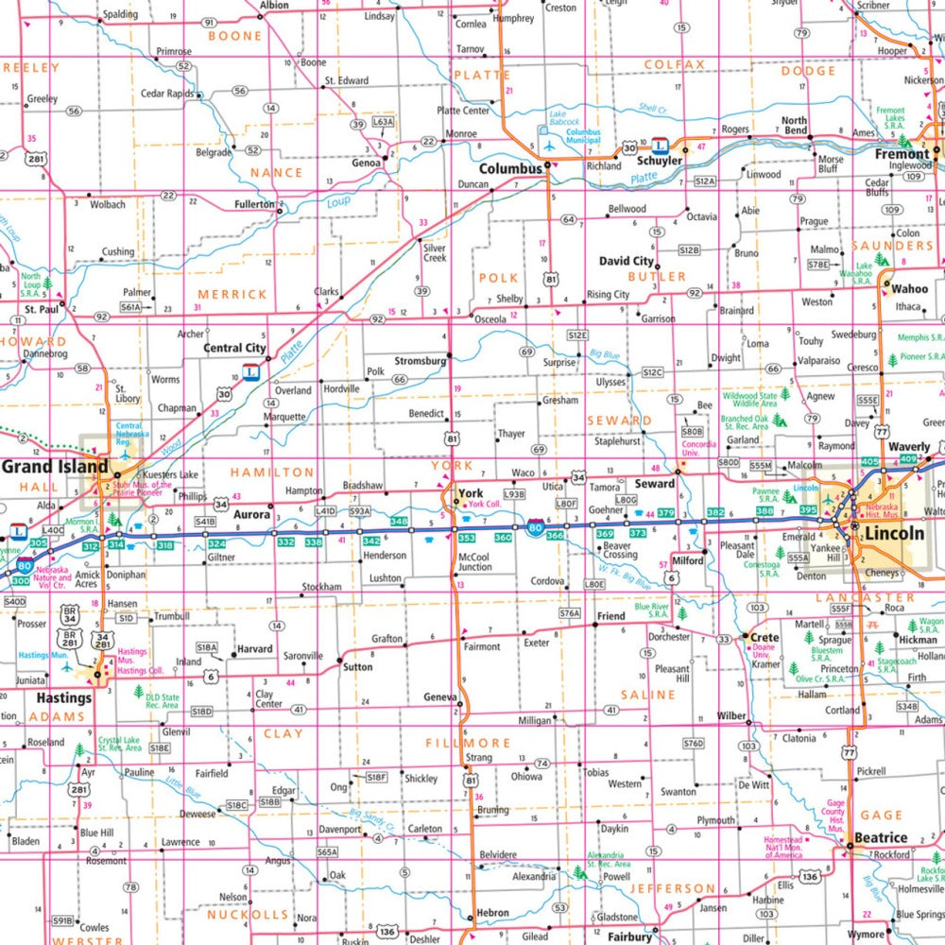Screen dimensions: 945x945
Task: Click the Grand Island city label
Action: point(55,466)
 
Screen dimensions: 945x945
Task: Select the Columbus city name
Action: point(510,168)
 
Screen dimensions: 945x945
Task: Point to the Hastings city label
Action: point(63,698)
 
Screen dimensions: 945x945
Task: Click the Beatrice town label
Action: point(881,837)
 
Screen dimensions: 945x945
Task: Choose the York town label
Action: point(470,492)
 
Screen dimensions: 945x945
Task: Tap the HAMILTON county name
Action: point(272,472)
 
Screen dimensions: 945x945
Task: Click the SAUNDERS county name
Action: point(892,246)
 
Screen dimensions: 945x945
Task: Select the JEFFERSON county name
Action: point(674,888)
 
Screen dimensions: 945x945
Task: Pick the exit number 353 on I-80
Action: point(467,537)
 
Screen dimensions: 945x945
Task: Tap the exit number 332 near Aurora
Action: point(286,541)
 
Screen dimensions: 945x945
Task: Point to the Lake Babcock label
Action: point(564,119)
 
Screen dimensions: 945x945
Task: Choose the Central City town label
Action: point(234,348)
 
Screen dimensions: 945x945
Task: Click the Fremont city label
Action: point(902,153)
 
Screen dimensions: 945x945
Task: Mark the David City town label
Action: point(626,260)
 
